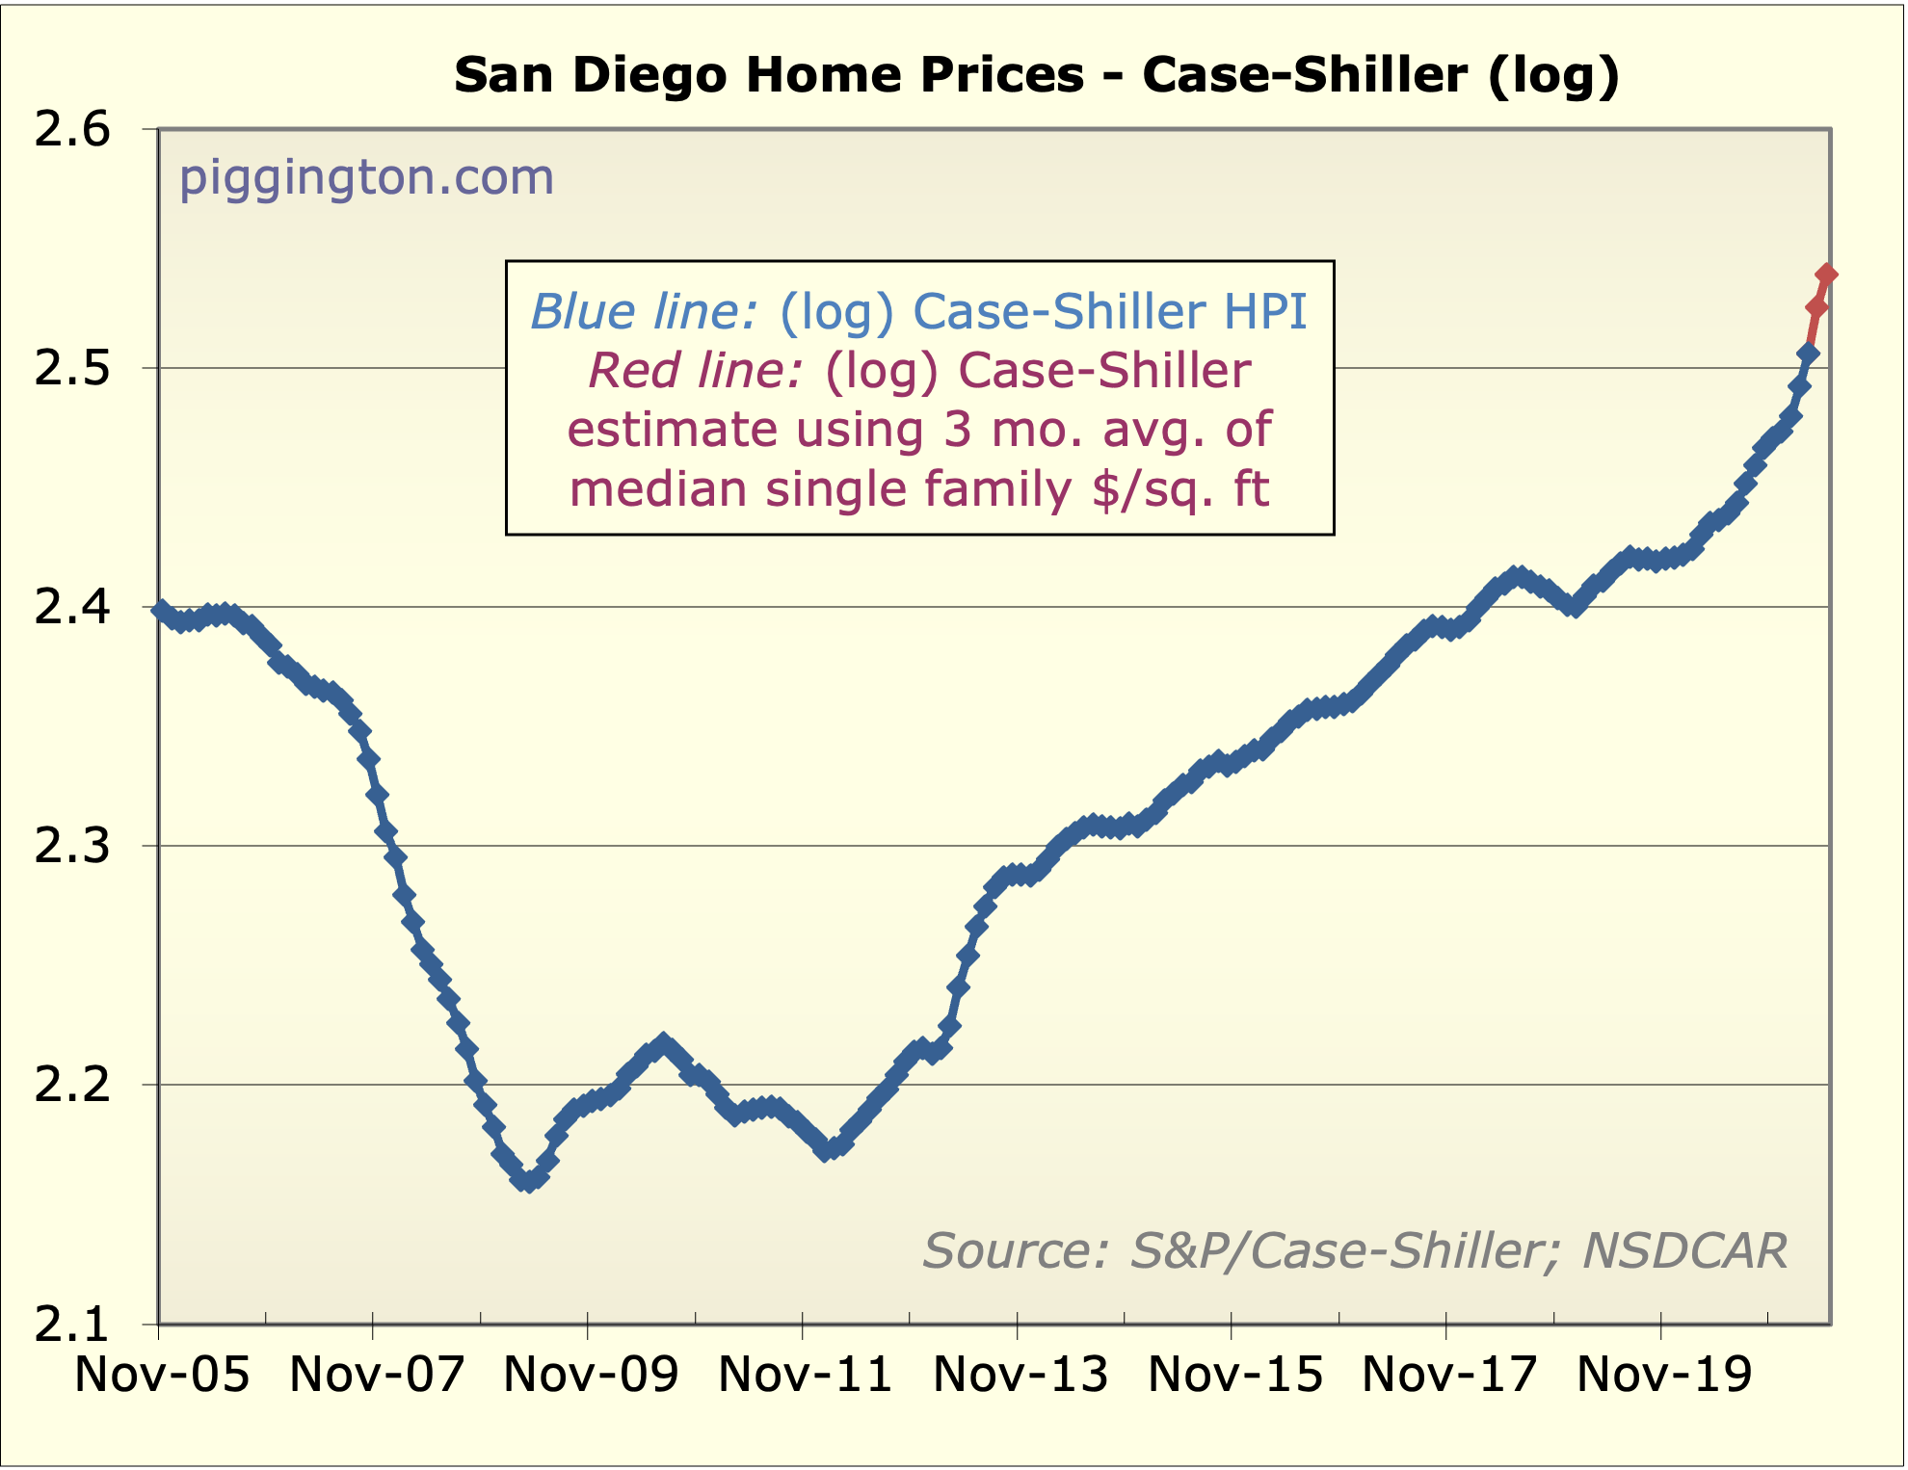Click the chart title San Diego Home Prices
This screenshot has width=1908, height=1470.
1036,75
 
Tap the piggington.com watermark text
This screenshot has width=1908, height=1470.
366,177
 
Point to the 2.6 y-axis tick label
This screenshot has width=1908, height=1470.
73,130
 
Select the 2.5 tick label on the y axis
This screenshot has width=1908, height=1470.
73,369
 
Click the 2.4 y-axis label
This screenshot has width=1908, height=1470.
73,608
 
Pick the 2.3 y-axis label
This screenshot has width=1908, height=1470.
73,847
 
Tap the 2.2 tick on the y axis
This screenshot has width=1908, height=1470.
73,1086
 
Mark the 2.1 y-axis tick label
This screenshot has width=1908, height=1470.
73,1325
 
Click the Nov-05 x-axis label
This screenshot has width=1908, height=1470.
162,1374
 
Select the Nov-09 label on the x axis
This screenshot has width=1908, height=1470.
591,1374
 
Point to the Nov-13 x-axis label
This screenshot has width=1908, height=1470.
1020,1374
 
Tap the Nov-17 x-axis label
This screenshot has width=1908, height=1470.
1449,1374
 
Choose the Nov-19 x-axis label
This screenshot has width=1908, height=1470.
1664,1374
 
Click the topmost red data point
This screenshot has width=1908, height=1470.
1825,276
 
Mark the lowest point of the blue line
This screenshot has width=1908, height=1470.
528,1181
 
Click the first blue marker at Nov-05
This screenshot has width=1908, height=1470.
160,609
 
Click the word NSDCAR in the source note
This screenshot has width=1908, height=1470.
1684,1250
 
